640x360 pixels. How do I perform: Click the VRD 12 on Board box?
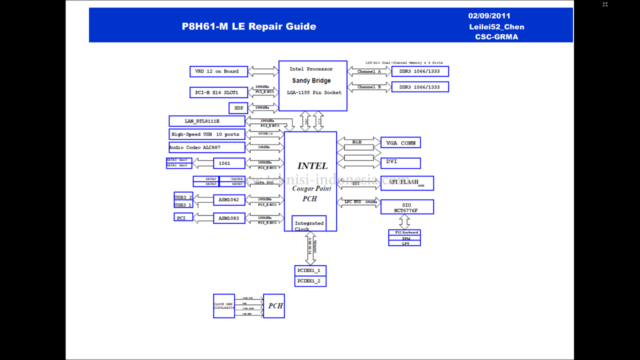(x=218, y=71)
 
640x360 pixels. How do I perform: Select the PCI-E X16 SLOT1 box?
(x=218, y=92)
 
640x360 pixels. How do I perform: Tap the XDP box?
(x=238, y=108)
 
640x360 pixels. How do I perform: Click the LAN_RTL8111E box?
(x=207, y=121)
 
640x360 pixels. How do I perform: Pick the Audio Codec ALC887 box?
(x=207, y=147)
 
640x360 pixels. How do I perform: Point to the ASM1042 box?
(x=229, y=200)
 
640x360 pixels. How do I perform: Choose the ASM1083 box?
(x=229, y=218)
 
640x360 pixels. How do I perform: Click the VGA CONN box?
(x=400, y=143)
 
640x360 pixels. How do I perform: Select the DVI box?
(x=400, y=163)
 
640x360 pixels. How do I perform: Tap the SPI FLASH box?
(x=407, y=183)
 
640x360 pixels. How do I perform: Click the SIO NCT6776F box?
(x=407, y=207)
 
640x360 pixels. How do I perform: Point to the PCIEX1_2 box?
(x=310, y=281)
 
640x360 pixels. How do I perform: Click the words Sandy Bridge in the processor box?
(x=311, y=80)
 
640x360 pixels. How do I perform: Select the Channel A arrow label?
(x=369, y=71)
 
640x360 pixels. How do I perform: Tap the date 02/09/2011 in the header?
(x=489, y=16)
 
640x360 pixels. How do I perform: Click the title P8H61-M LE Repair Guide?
(x=249, y=26)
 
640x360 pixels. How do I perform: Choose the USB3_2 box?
(x=183, y=196)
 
